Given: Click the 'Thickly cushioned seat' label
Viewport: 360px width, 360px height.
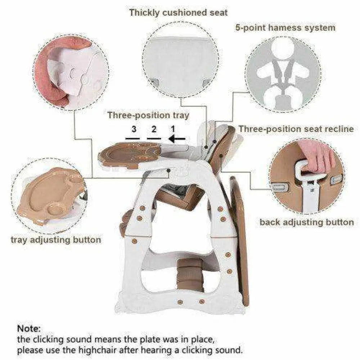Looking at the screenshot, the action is pos(179,13).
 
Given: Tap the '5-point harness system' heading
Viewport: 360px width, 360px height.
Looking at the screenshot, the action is pos(285,28).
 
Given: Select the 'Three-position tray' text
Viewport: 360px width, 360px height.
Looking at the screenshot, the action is pos(148,115).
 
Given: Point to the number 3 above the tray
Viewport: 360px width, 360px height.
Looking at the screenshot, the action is pos(134,129).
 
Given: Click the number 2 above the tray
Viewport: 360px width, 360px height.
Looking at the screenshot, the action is pos(154,129).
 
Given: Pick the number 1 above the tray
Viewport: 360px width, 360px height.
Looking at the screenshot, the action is pos(173,129).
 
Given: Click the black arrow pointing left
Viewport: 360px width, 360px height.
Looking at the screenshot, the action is pos(177,139).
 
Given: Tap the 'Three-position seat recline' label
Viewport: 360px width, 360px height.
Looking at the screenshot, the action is pos(296,129).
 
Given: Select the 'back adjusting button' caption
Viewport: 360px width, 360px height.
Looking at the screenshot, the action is pos(306,222).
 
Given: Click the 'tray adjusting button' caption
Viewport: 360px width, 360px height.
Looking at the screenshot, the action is pos(56,240).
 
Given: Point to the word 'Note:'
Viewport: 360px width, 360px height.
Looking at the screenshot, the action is pos(29,329).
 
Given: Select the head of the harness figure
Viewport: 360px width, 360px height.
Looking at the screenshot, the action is pos(283,49).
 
